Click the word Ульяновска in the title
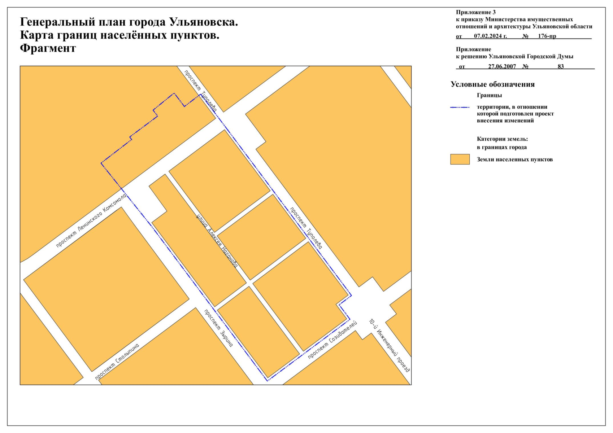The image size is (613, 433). click(204, 22)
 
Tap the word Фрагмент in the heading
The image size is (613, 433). click(48, 48)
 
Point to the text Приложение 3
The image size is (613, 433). click(475, 12)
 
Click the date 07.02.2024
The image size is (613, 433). click(490, 36)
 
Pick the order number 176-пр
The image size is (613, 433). click(547, 36)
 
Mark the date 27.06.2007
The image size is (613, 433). click(502, 66)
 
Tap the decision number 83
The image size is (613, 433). click(561, 66)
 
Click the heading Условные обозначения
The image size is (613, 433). click(492, 84)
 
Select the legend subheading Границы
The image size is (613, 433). click(489, 95)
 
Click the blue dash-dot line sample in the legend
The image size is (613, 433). click(460, 107)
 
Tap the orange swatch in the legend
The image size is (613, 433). click(460, 159)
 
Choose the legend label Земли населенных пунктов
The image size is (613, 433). click(514, 159)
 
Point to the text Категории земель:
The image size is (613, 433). click(502, 139)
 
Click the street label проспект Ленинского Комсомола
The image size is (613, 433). click(91, 220)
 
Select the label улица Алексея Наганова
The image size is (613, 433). click(217, 241)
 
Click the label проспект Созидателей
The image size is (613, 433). click(332, 340)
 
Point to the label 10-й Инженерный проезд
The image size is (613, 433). click(390, 345)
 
